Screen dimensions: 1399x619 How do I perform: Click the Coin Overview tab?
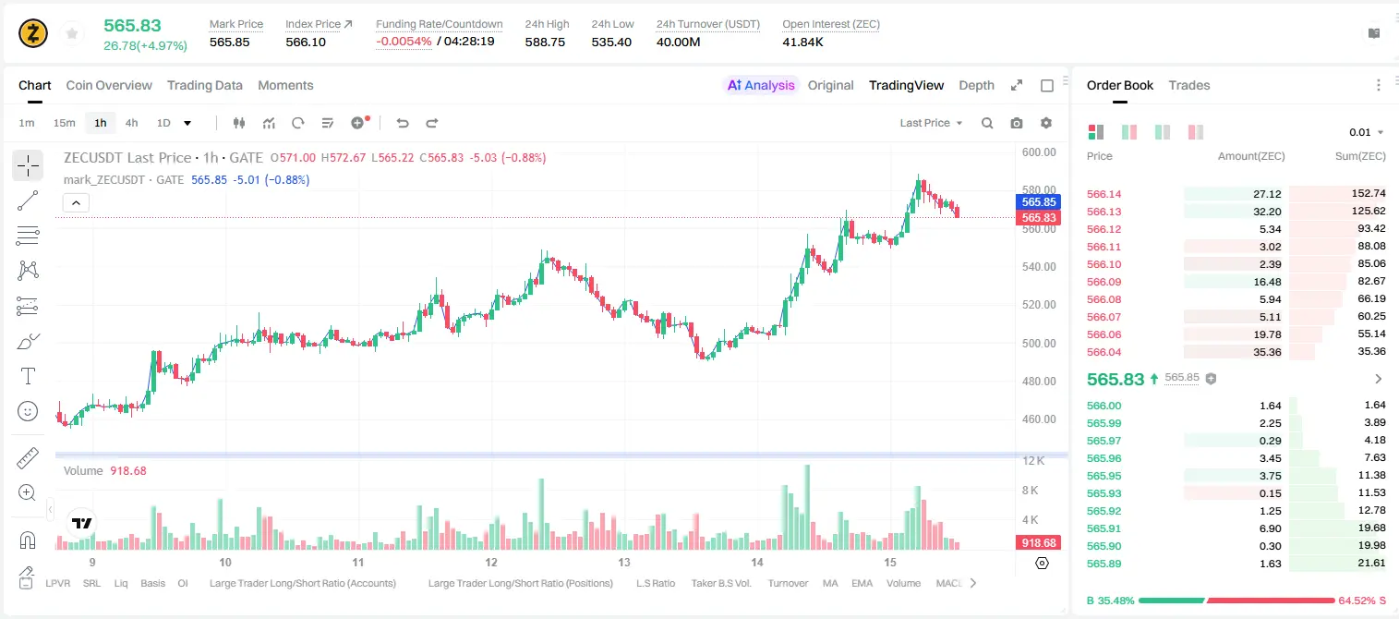[109, 85]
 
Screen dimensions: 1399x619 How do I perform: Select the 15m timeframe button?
[64, 123]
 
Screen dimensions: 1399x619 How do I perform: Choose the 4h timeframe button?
[131, 123]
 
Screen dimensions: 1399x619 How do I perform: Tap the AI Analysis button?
[761, 85]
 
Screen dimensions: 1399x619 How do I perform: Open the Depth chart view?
[976, 85]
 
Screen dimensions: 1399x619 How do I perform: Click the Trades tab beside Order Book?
[1189, 85]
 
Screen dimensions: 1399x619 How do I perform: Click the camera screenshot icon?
[1016, 123]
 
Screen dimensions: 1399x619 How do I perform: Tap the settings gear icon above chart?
[1046, 123]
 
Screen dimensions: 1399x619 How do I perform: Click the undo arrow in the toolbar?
[403, 123]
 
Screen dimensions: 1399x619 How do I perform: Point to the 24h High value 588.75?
[545, 42]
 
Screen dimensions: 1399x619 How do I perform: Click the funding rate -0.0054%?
[404, 42]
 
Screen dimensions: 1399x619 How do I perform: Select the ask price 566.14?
[1104, 194]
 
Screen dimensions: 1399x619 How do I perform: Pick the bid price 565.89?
[1104, 564]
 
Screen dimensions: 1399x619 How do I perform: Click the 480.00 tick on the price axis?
[1039, 381]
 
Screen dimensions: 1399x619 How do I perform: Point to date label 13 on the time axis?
[624, 562]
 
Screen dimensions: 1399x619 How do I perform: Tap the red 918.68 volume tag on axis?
[1039, 543]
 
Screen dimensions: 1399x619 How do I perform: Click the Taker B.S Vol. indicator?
[720, 583]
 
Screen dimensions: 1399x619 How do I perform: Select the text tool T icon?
[28, 376]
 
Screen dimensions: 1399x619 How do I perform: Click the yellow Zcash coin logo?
[33, 33]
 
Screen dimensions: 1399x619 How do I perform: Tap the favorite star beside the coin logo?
[72, 33]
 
